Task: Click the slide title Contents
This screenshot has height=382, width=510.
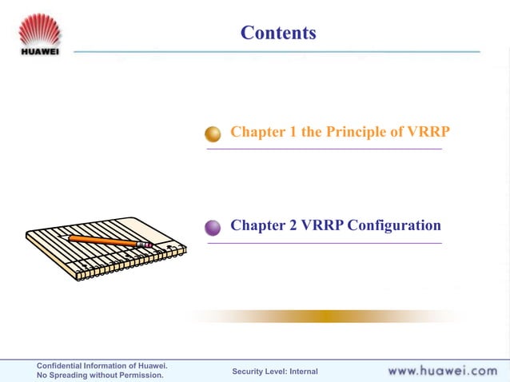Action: (278, 33)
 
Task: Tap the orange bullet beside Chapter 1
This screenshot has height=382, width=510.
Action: (213, 133)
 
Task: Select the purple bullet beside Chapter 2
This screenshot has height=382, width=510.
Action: (213, 227)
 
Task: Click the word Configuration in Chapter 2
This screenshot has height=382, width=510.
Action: (393, 225)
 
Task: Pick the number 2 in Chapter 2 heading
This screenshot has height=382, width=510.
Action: (291, 225)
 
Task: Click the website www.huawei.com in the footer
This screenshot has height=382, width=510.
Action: (442, 371)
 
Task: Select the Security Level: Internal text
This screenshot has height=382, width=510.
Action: (274, 372)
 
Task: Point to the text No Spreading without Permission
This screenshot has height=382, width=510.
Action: (100, 376)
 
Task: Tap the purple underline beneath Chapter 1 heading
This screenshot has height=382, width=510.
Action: (324, 149)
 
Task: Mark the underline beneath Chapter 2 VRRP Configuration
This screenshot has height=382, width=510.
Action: (324, 243)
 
